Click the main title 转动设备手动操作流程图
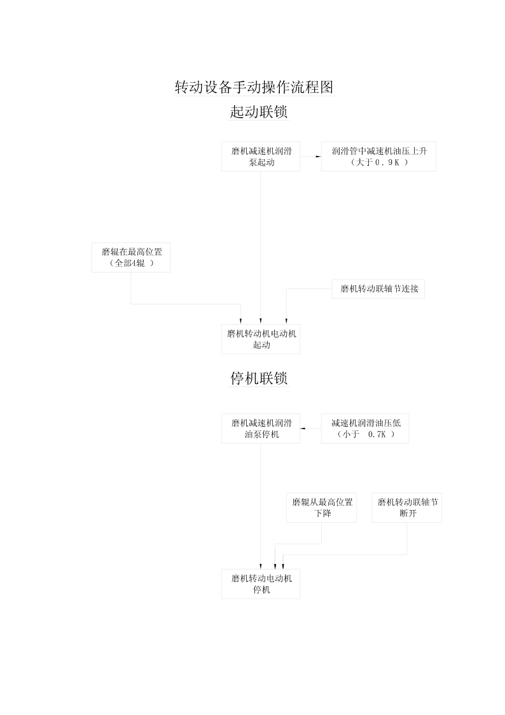tap(254, 87)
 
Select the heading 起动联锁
tap(259, 111)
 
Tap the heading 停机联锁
tap(259, 378)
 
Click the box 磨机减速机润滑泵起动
tap(261, 157)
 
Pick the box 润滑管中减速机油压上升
tap(378, 157)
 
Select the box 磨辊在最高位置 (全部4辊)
tap(130, 257)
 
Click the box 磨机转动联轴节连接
tap(378, 288)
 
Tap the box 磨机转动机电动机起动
tap(261, 339)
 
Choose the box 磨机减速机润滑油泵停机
tap(261, 428)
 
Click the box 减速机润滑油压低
tap(364, 428)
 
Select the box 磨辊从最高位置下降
tap(321, 507)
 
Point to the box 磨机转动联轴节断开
tap(407, 507)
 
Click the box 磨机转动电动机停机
tap(261, 584)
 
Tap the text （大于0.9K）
tap(379, 162)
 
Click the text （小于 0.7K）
tap(366, 434)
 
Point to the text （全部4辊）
tap(132, 263)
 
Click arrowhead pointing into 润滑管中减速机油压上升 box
tap(318, 157)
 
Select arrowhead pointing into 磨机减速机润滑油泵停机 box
tap(303, 428)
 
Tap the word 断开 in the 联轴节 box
tap(408, 513)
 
